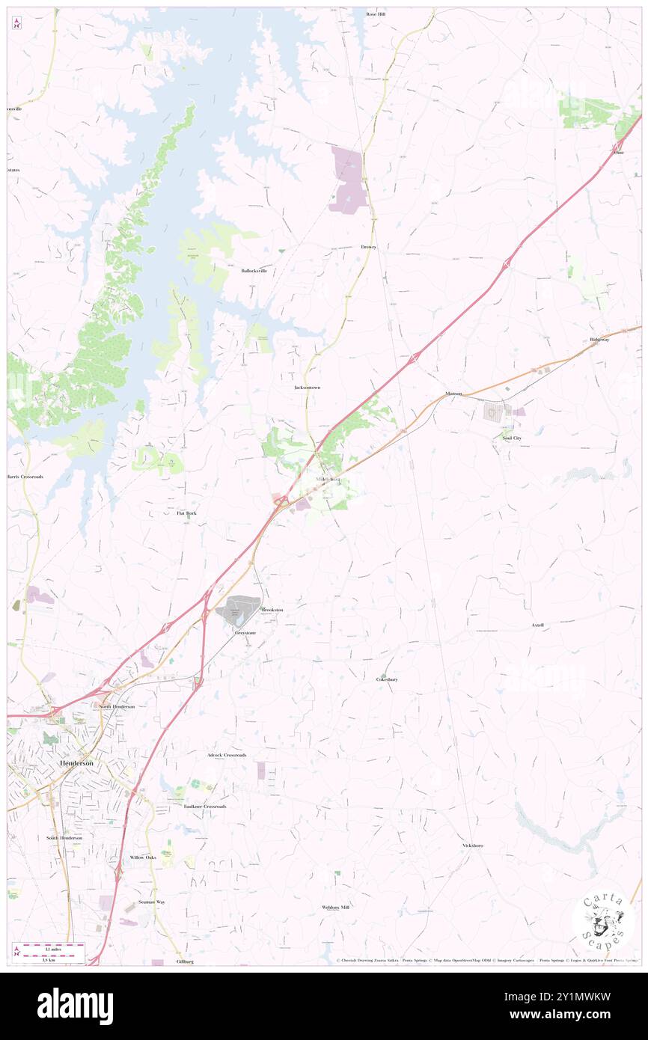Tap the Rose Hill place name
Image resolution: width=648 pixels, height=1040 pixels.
375,14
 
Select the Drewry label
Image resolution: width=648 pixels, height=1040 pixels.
368,246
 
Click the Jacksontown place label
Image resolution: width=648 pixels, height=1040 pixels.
308,388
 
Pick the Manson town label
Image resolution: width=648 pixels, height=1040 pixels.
453,394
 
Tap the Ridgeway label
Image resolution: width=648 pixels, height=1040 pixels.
599,340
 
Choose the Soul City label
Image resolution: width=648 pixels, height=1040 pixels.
512,438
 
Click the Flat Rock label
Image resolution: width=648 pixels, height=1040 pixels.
186,513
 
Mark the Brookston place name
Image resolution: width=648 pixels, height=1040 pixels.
272,610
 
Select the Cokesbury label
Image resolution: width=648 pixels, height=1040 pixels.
387,679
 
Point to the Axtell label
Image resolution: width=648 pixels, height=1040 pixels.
537,625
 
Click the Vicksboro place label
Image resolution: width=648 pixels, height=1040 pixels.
472,845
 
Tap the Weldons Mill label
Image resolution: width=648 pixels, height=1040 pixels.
336,907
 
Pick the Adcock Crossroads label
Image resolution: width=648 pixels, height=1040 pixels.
227,755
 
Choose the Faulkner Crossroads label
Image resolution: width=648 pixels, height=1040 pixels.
205,807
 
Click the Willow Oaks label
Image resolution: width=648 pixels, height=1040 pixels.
143,857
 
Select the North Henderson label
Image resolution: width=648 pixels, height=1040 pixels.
117,706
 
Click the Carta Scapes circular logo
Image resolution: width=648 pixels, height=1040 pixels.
603,920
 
